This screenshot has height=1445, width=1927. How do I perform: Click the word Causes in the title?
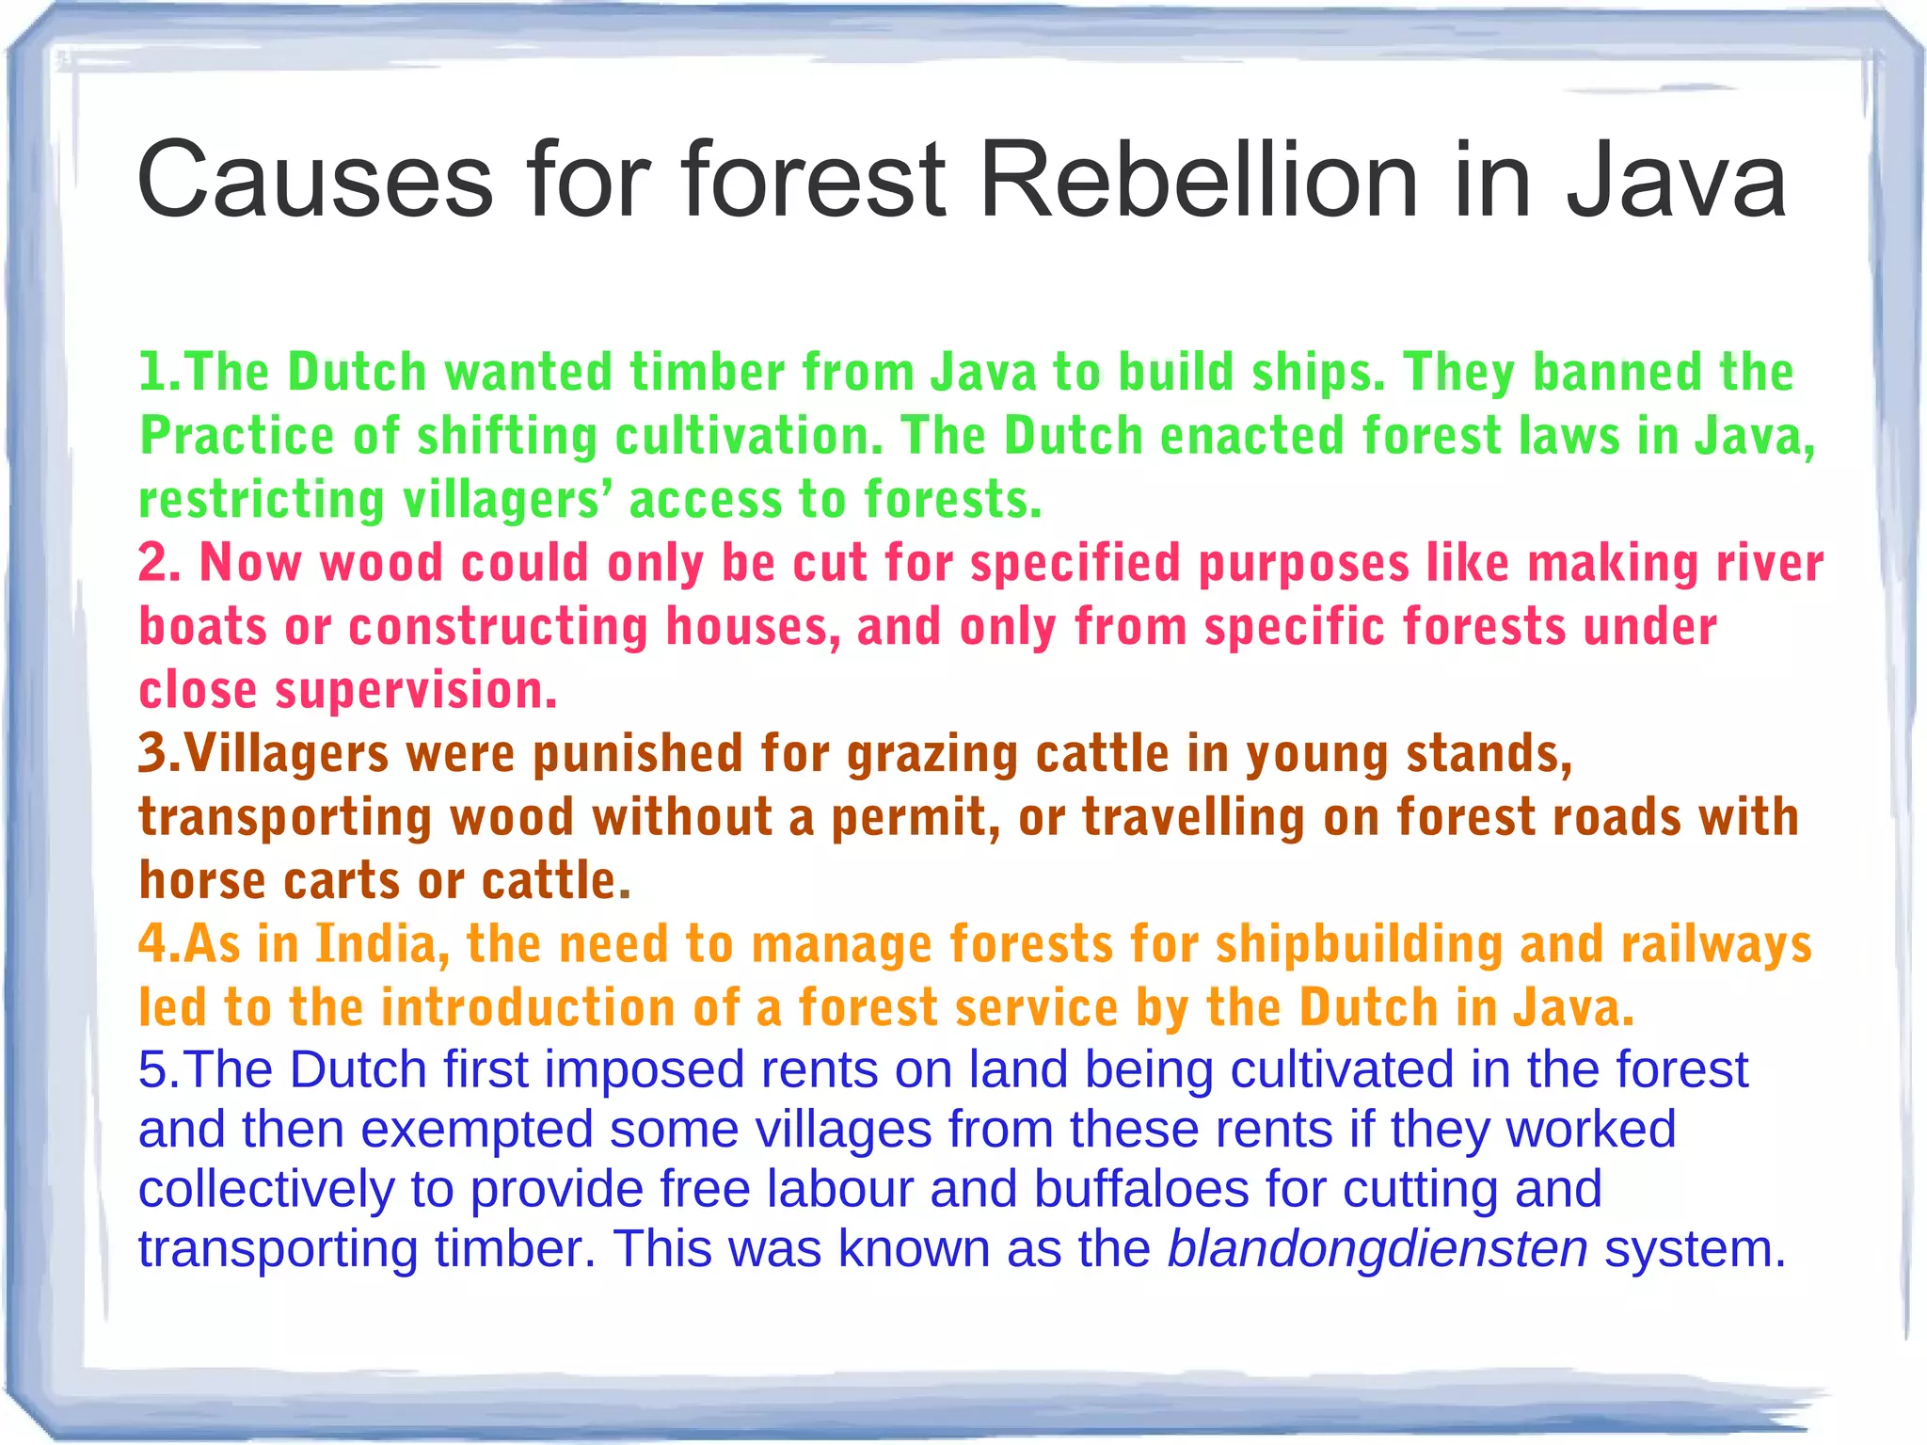coord(315,180)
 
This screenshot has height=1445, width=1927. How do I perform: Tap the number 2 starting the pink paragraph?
coord(154,563)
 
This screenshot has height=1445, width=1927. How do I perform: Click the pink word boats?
coord(203,627)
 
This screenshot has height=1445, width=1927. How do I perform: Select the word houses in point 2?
coord(753,627)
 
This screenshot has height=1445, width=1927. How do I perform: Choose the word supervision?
coord(415,691)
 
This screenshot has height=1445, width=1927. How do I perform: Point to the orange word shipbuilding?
coord(1359,944)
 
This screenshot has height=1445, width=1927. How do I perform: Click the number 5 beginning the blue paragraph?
coord(152,1070)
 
